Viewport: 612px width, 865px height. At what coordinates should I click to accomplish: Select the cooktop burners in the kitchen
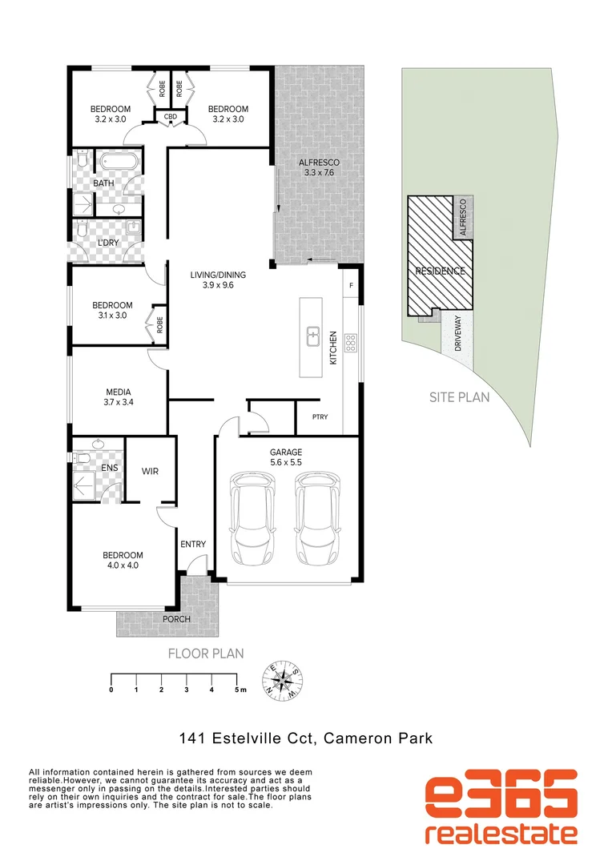[350, 344]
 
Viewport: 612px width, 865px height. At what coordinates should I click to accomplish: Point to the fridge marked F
[350, 284]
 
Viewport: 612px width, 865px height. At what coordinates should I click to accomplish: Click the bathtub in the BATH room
[120, 163]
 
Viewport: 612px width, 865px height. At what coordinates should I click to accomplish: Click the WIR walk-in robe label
[150, 471]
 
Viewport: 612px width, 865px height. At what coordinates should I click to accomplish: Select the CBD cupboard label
[170, 117]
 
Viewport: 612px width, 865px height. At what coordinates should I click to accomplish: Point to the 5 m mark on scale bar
[237, 689]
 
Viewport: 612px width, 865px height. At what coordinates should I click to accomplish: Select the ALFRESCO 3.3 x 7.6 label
[316, 166]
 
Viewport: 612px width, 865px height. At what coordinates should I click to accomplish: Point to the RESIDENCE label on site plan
[439, 271]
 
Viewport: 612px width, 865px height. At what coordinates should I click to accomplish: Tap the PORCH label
[177, 619]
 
